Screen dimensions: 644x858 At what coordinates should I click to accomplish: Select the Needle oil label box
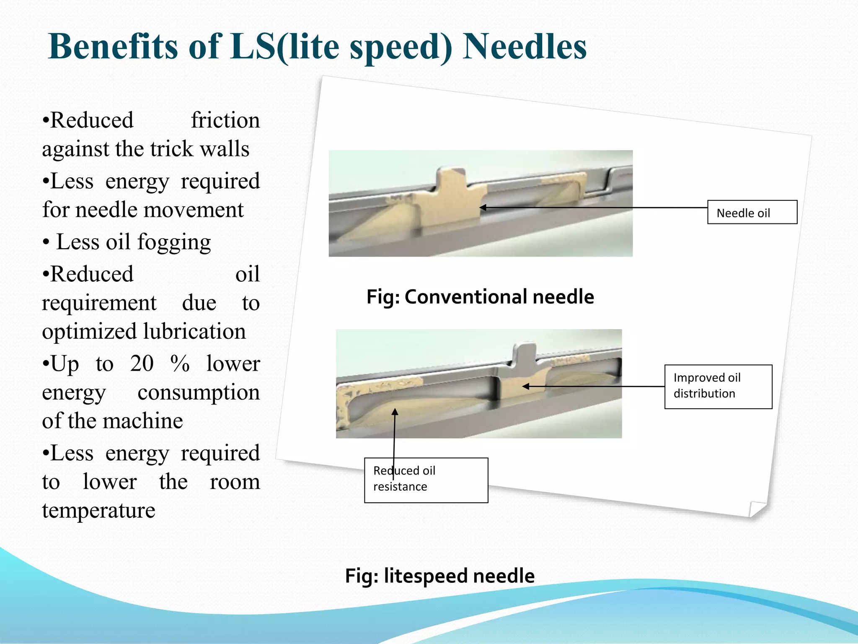click(752, 212)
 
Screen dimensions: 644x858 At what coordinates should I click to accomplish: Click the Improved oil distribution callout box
click(718, 386)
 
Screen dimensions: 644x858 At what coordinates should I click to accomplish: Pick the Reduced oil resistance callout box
click(426, 480)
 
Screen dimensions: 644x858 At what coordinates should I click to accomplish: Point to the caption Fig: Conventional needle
click(480, 297)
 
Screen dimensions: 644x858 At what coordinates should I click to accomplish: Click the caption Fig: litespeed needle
click(439, 576)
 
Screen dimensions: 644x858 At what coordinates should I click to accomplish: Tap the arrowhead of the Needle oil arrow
click(482, 208)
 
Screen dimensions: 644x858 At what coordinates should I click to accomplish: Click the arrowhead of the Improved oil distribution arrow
click(526, 386)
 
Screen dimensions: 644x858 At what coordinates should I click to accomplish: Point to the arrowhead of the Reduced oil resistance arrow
click(395, 412)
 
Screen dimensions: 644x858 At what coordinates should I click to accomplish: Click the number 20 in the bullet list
click(142, 364)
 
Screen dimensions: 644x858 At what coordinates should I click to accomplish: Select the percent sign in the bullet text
click(180, 364)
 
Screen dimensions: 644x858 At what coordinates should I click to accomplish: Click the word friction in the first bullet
click(225, 121)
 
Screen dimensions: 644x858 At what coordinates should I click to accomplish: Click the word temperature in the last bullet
click(98, 511)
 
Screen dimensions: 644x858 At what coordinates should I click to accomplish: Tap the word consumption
click(199, 392)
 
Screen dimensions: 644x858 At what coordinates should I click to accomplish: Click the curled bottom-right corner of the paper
click(757, 509)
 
